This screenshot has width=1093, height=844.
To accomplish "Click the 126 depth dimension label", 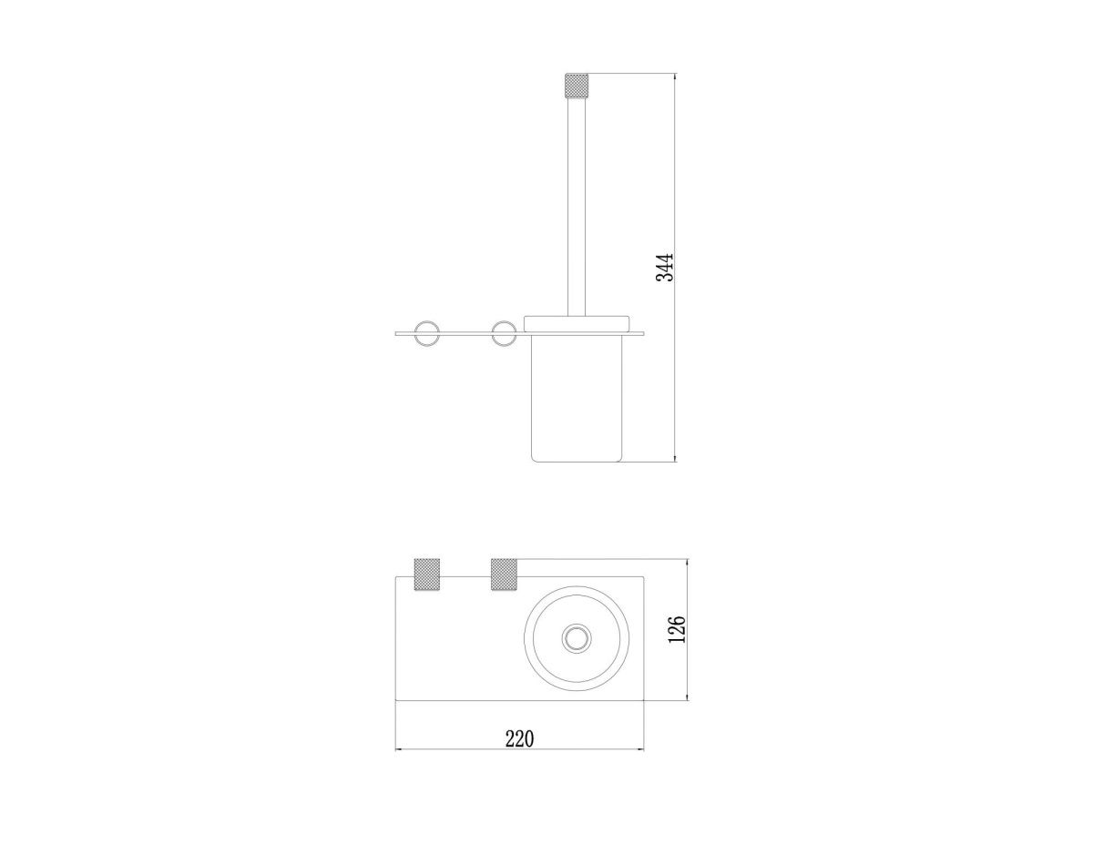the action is (x=677, y=629).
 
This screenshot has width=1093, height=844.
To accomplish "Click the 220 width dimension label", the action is (x=519, y=739).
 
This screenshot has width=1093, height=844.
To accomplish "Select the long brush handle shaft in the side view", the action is (x=577, y=208).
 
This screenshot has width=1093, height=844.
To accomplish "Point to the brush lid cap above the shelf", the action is (x=577, y=324).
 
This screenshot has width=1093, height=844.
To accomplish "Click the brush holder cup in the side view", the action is (x=577, y=398).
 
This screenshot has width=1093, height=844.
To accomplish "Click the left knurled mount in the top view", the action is (x=426, y=575).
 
